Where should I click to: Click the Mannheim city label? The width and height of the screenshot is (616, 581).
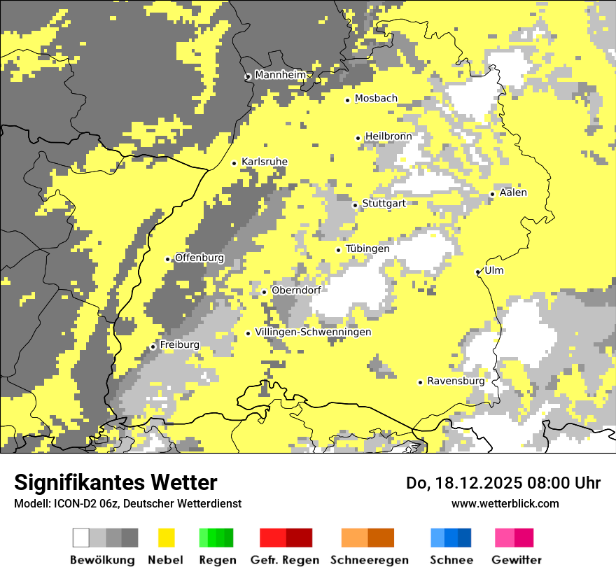tap(281, 75)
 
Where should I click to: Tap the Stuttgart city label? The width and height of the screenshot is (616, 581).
tap(384, 204)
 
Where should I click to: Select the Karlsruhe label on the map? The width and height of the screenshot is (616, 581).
tap(264, 162)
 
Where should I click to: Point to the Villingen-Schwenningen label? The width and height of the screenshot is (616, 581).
tap(313, 332)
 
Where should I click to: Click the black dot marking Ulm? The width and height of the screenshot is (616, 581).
tap(478, 272)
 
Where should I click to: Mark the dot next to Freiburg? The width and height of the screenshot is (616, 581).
tap(153, 346)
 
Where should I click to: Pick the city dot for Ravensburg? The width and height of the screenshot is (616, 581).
tap(420, 382)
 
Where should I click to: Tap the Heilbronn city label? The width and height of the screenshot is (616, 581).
tap(388, 136)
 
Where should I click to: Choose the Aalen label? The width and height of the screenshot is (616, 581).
tap(513, 192)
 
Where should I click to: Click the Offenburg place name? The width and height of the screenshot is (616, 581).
tap(199, 258)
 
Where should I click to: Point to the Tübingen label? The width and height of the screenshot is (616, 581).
tap(367, 248)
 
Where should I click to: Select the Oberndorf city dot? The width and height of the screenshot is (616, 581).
tap(264, 292)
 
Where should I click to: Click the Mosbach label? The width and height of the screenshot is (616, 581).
tap(376, 99)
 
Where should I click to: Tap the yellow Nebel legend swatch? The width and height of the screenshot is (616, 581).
tap(166, 538)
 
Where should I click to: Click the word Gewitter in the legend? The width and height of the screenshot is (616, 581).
tap(516, 560)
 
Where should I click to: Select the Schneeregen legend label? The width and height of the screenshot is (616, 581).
tap(369, 560)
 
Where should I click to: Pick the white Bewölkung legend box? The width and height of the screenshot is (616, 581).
tap(81, 538)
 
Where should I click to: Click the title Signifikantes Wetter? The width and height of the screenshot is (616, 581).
tap(115, 483)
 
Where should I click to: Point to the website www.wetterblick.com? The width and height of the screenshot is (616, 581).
tap(505, 503)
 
